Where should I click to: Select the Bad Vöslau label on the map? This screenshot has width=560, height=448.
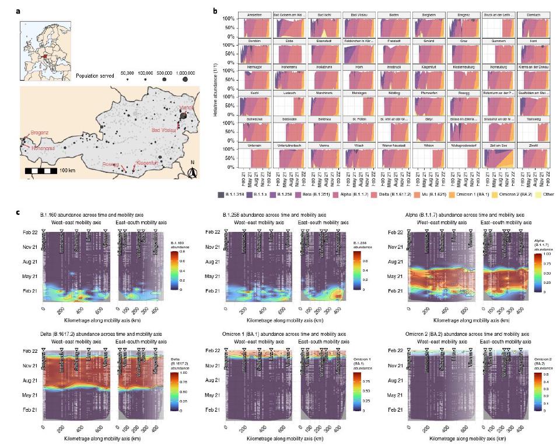[x=165, y=130]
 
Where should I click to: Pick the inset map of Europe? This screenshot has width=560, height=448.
[x=44, y=45]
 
